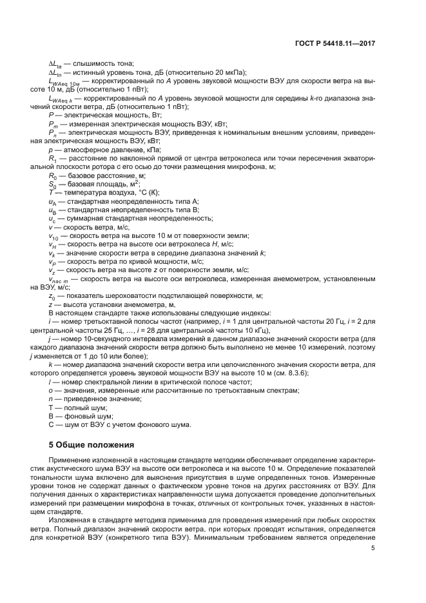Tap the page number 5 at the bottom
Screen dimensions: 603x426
pyautogui.click(x=372, y=548)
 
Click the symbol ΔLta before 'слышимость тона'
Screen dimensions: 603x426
pyautogui.click(x=55, y=64)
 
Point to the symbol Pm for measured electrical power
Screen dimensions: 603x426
pyautogui.click(x=53, y=123)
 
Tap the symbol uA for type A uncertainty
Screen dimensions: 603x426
pyautogui.click(x=53, y=201)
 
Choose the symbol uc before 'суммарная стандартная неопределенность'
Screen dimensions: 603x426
pyautogui.click(x=53, y=219)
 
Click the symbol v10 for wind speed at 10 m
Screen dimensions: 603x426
pyautogui.click(x=53, y=236)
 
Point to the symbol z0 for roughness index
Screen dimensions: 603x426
pyautogui.click(x=52, y=295)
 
